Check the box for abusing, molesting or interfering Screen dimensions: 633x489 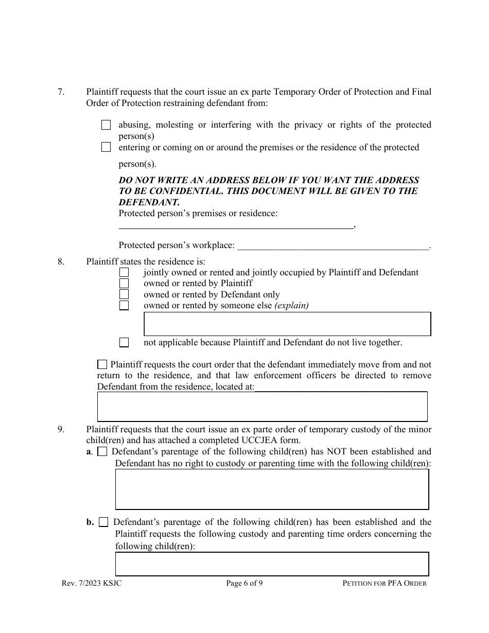point(106,125)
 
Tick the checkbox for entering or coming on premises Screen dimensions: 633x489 point(106,147)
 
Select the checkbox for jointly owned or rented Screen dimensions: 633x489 point(124,272)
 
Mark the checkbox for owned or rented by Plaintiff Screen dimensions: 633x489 point(124,283)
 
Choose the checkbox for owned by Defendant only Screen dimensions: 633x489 point(124,294)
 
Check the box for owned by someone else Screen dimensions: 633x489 point(124,305)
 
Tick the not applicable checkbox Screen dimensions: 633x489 point(124,342)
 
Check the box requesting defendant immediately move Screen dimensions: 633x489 point(102,364)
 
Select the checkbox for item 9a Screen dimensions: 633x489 point(102,452)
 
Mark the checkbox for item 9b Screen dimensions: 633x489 point(103,522)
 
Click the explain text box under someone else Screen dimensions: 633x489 point(287,324)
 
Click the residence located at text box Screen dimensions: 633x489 point(262,407)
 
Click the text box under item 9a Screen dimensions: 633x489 point(272,489)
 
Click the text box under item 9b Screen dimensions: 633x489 point(272,564)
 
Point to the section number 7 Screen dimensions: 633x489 point(61,92)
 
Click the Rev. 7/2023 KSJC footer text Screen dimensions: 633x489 point(91,583)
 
